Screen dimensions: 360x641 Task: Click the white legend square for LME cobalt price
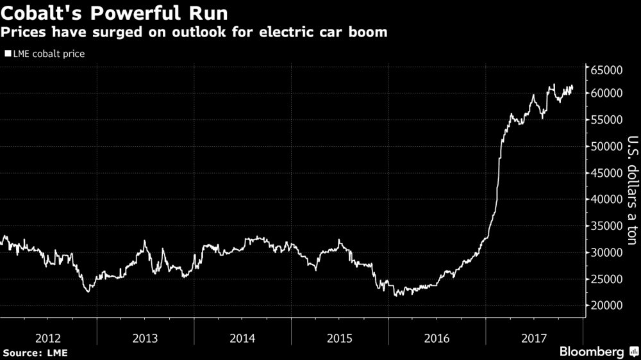tap(8, 54)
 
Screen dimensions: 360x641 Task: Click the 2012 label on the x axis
tap(49, 338)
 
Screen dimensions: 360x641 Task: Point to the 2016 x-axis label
tap(437, 338)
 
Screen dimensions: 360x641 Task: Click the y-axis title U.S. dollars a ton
tap(631, 190)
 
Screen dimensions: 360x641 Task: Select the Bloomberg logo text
tap(592, 352)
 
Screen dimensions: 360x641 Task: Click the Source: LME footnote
tap(35, 352)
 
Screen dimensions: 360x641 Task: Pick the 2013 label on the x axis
tap(146, 338)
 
